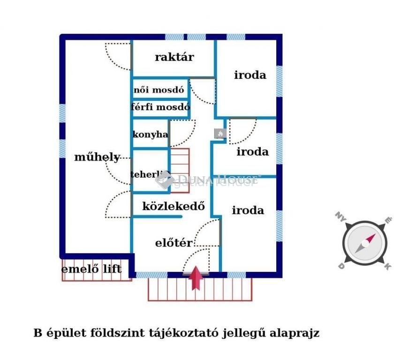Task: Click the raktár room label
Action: click(174, 57)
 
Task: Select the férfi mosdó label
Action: click(160, 107)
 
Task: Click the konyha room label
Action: click(150, 134)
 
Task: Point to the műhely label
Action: click(97, 157)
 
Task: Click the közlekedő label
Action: click(174, 206)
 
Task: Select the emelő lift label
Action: click(91, 269)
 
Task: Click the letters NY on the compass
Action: click(340, 217)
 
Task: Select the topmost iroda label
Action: click(250, 75)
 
